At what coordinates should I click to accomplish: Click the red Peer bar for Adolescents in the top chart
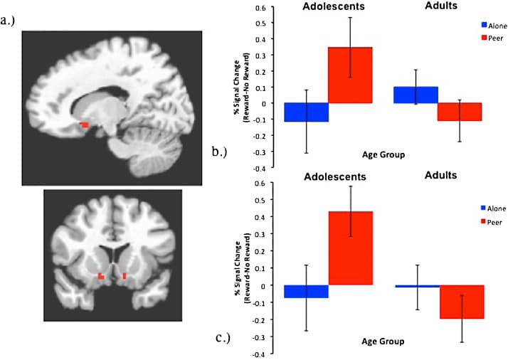[x=349, y=75]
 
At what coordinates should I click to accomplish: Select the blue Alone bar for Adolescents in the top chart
[x=305, y=112]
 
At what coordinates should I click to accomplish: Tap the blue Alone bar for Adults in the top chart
[x=416, y=95]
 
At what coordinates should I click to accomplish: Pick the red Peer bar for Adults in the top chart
[x=459, y=112]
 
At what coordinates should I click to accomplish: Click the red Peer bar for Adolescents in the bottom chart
[x=349, y=248]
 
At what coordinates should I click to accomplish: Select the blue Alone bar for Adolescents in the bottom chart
[x=305, y=292]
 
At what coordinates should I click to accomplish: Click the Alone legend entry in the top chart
[x=491, y=23]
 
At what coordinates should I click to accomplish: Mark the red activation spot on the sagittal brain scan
[x=84, y=125]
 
